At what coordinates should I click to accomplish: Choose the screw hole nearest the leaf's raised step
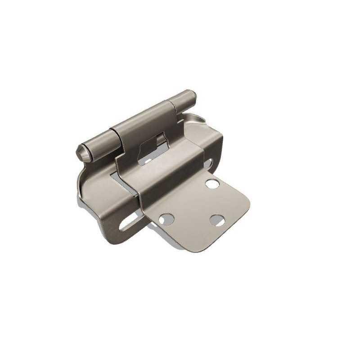click(x=212, y=183)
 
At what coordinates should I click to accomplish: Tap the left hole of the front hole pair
click(x=166, y=219)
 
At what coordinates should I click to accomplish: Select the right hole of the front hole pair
click(x=217, y=220)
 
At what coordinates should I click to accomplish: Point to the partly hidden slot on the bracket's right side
click(x=208, y=162)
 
